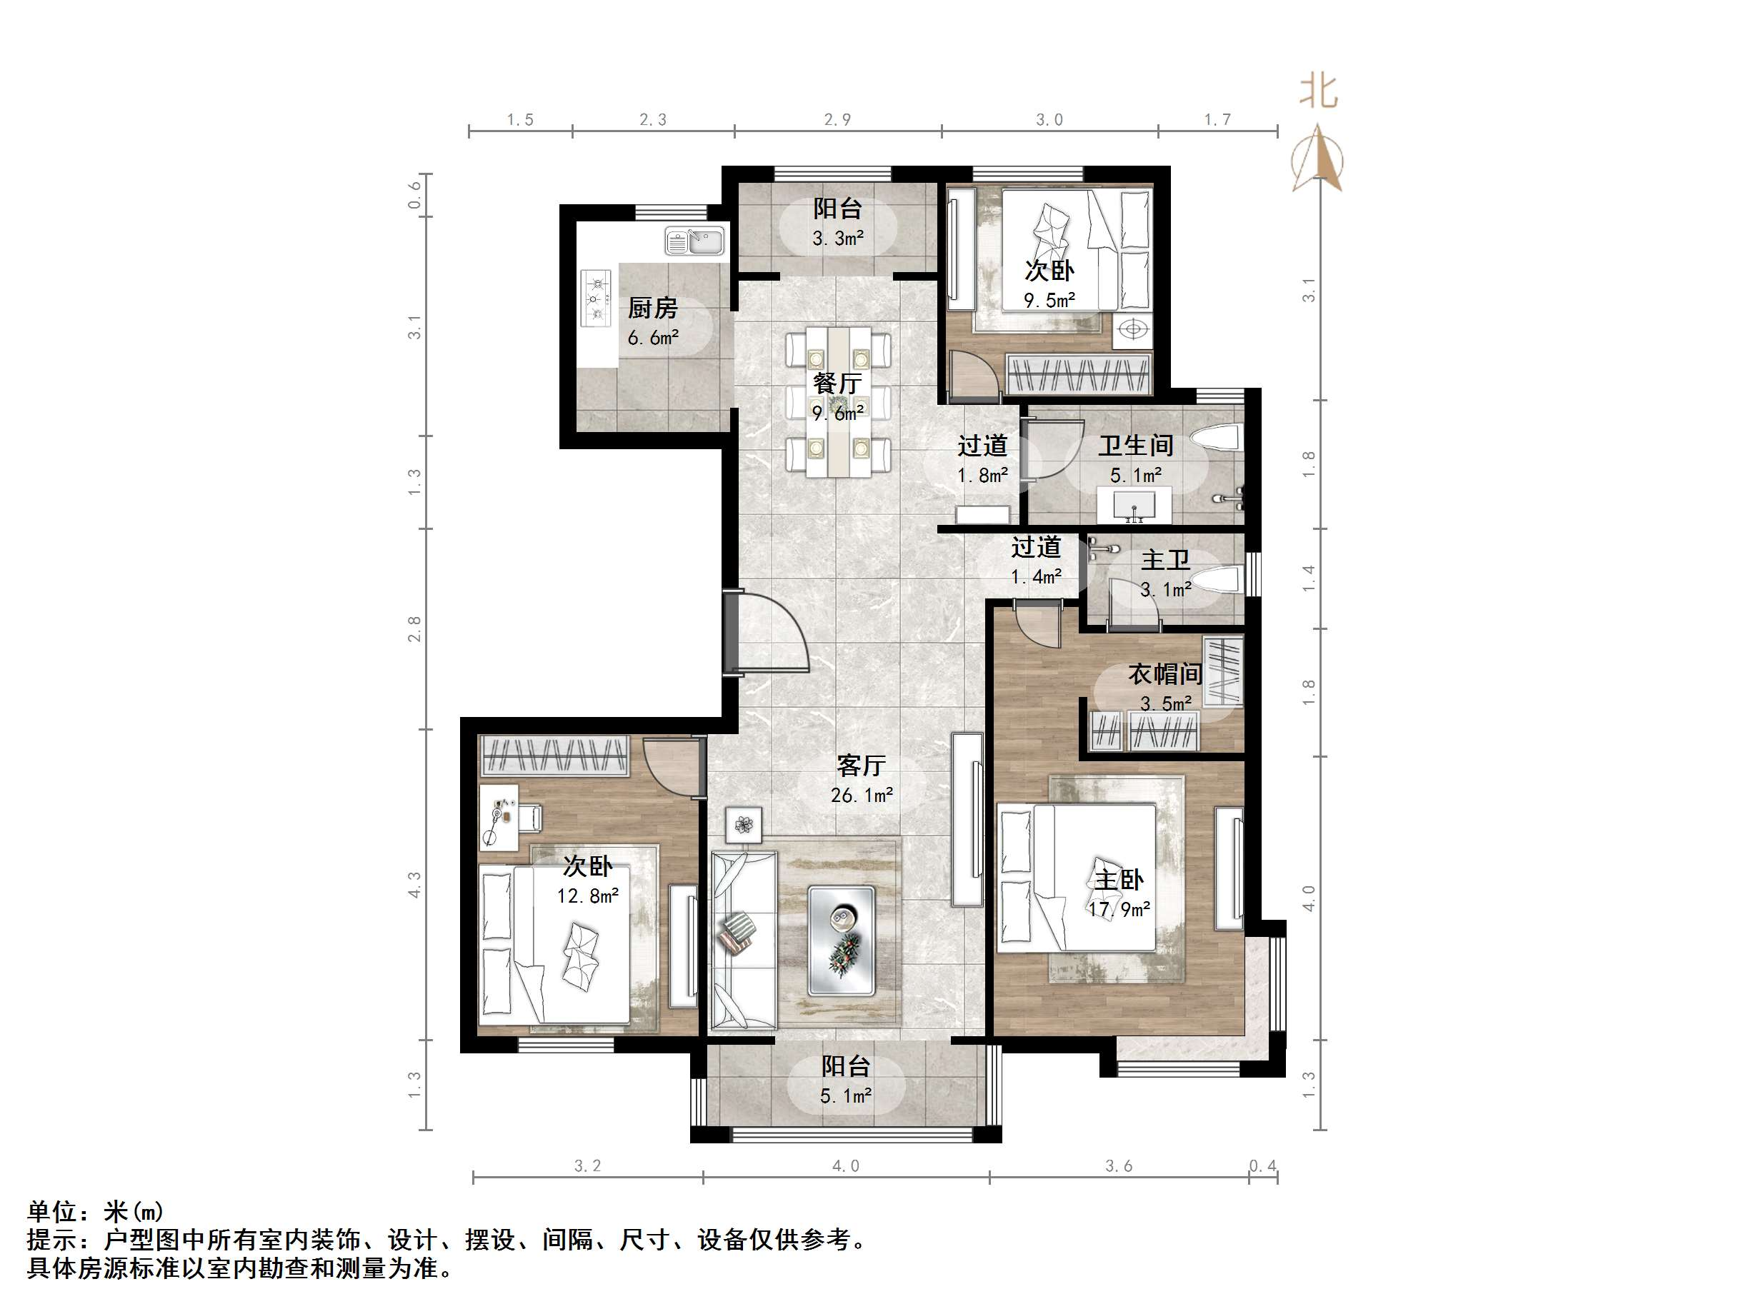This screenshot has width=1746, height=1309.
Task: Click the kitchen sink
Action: pos(694,240)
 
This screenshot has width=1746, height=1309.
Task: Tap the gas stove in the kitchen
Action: pos(596,299)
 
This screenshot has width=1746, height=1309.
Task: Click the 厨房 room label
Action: pos(652,308)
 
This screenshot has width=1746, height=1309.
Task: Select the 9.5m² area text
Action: pos(1049,301)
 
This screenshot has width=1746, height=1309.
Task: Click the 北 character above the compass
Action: pos(1318,91)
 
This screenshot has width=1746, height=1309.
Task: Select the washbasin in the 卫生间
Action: pos(1134,504)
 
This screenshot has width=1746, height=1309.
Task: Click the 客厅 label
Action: pos(861,765)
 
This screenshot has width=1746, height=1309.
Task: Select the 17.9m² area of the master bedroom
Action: pos(1119,909)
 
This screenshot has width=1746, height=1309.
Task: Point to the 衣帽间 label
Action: pos(1164,674)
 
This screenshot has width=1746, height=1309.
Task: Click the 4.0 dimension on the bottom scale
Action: pos(844,1165)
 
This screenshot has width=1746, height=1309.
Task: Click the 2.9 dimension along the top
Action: pos(837,119)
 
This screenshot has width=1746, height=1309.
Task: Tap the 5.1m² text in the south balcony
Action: pos(845,1096)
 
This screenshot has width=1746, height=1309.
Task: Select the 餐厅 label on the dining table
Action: pos(837,383)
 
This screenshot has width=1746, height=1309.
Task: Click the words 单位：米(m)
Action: pos(96,1211)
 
